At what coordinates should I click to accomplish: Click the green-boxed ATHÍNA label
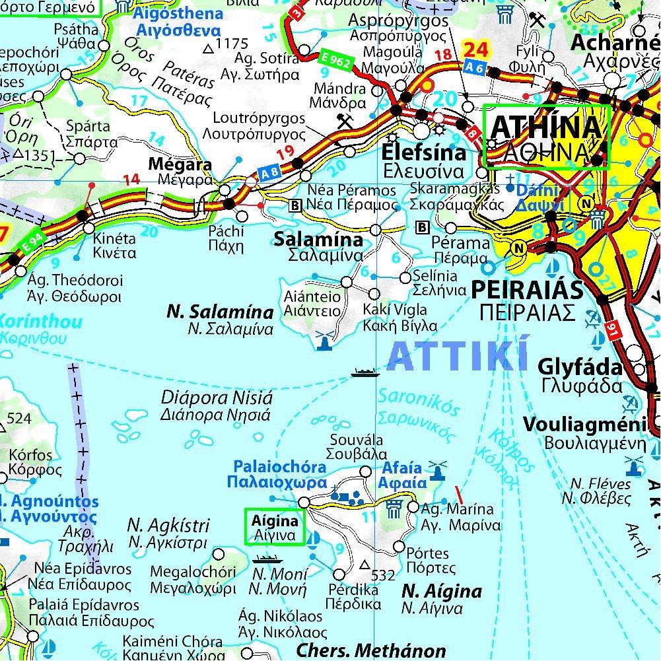click(x=547, y=137)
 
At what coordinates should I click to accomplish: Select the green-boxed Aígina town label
click(x=275, y=527)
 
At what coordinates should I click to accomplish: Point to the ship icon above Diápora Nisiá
click(x=365, y=372)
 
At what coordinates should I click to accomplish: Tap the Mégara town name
click(x=171, y=164)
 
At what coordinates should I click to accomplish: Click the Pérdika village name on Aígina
click(x=353, y=590)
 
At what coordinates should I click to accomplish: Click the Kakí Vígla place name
click(x=395, y=310)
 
